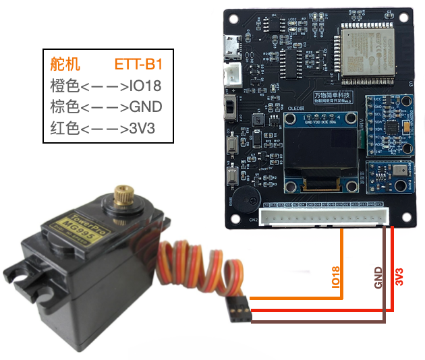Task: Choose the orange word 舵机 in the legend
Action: [x=65, y=65]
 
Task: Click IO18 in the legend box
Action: [x=145, y=86]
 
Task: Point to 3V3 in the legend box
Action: [x=142, y=127]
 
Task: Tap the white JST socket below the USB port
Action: [x=232, y=75]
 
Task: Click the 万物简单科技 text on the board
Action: [x=331, y=97]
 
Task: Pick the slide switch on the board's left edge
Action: [x=232, y=107]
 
